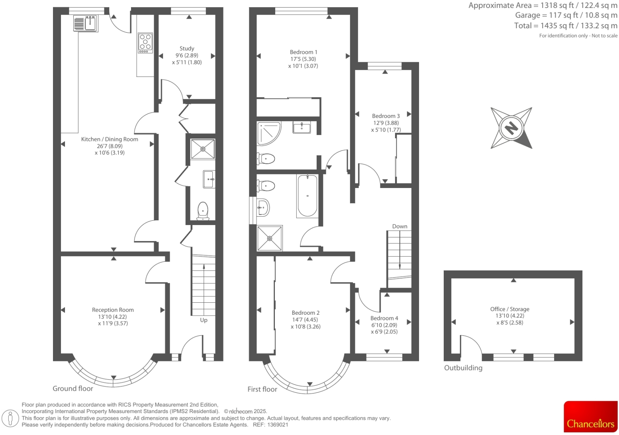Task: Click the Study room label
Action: (x=187, y=49)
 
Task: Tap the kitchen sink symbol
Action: (x=86, y=24)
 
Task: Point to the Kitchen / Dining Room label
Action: (x=110, y=139)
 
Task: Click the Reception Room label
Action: (x=113, y=310)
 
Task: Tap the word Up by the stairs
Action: (x=204, y=320)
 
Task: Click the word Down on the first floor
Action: (x=400, y=226)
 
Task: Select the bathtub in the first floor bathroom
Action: (x=307, y=196)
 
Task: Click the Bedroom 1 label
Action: (x=304, y=52)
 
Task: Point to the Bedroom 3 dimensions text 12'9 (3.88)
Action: (x=386, y=123)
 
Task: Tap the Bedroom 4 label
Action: (x=384, y=318)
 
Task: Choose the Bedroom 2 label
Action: (x=306, y=313)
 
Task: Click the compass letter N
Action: (x=511, y=128)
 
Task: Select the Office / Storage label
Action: (x=509, y=309)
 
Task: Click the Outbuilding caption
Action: (x=463, y=368)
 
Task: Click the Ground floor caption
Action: (x=73, y=388)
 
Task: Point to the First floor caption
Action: (x=262, y=389)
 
